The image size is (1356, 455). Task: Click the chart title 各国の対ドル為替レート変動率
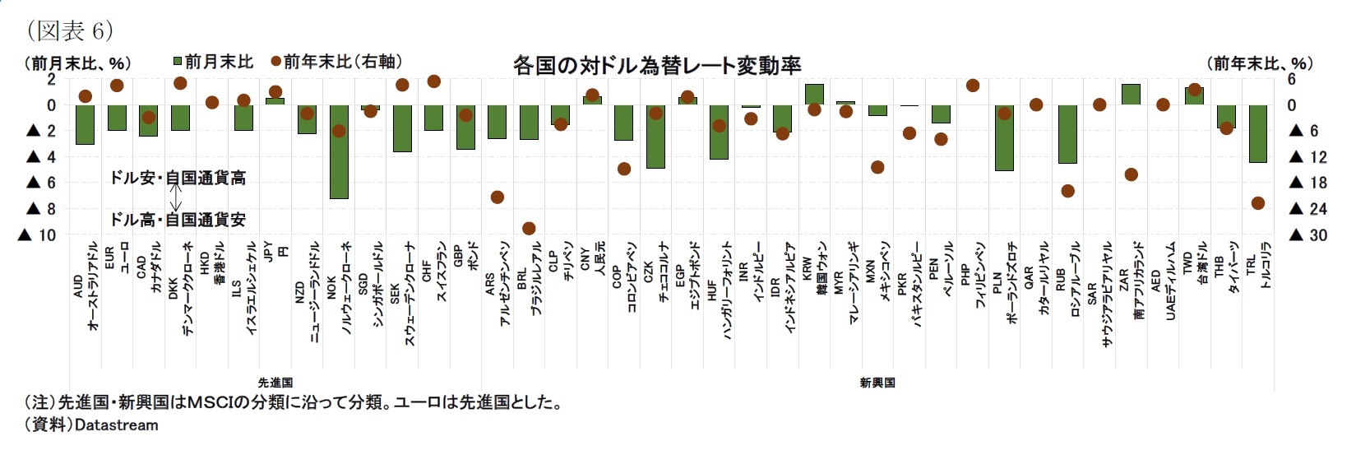click(x=656, y=65)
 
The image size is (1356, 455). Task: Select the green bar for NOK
click(x=339, y=151)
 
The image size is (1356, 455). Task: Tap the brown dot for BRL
click(x=529, y=228)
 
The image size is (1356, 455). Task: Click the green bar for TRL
click(x=1257, y=133)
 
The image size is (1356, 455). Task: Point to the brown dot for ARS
click(x=498, y=197)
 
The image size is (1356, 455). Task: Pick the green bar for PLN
click(x=1004, y=137)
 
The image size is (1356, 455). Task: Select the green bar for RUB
click(x=1067, y=133)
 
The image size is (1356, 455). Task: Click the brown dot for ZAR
click(x=1132, y=174)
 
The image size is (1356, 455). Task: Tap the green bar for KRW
click(x=814, y=95)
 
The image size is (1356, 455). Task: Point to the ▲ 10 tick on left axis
click(x=37, y=235)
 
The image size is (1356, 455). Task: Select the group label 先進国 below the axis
click(x=275, y=383)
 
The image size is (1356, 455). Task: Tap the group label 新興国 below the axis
click(x=877, y=383)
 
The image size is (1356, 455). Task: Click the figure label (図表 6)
click(x=69, y=31)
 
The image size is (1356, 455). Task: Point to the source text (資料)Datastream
click(x=91, y=425)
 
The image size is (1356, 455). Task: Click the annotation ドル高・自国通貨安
click(x=178, y=220)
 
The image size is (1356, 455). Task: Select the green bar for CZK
click(x=655, y=137)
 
